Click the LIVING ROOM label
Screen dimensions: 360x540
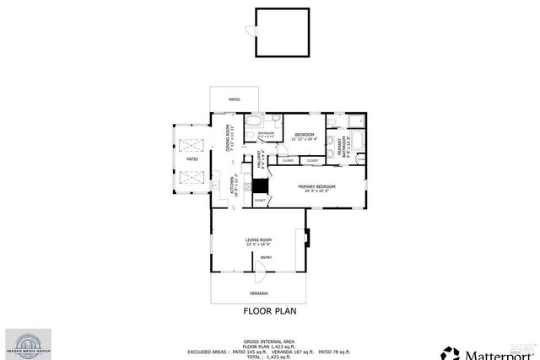pos(258,242)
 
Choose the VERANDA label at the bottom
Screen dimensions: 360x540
pos(258,293)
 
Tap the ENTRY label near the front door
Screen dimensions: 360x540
pos(266,257)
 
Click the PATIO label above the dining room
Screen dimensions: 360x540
pos(234,99)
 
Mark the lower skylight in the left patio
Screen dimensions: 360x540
pos(191,178)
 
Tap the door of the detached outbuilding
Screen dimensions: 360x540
pos(250,32)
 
